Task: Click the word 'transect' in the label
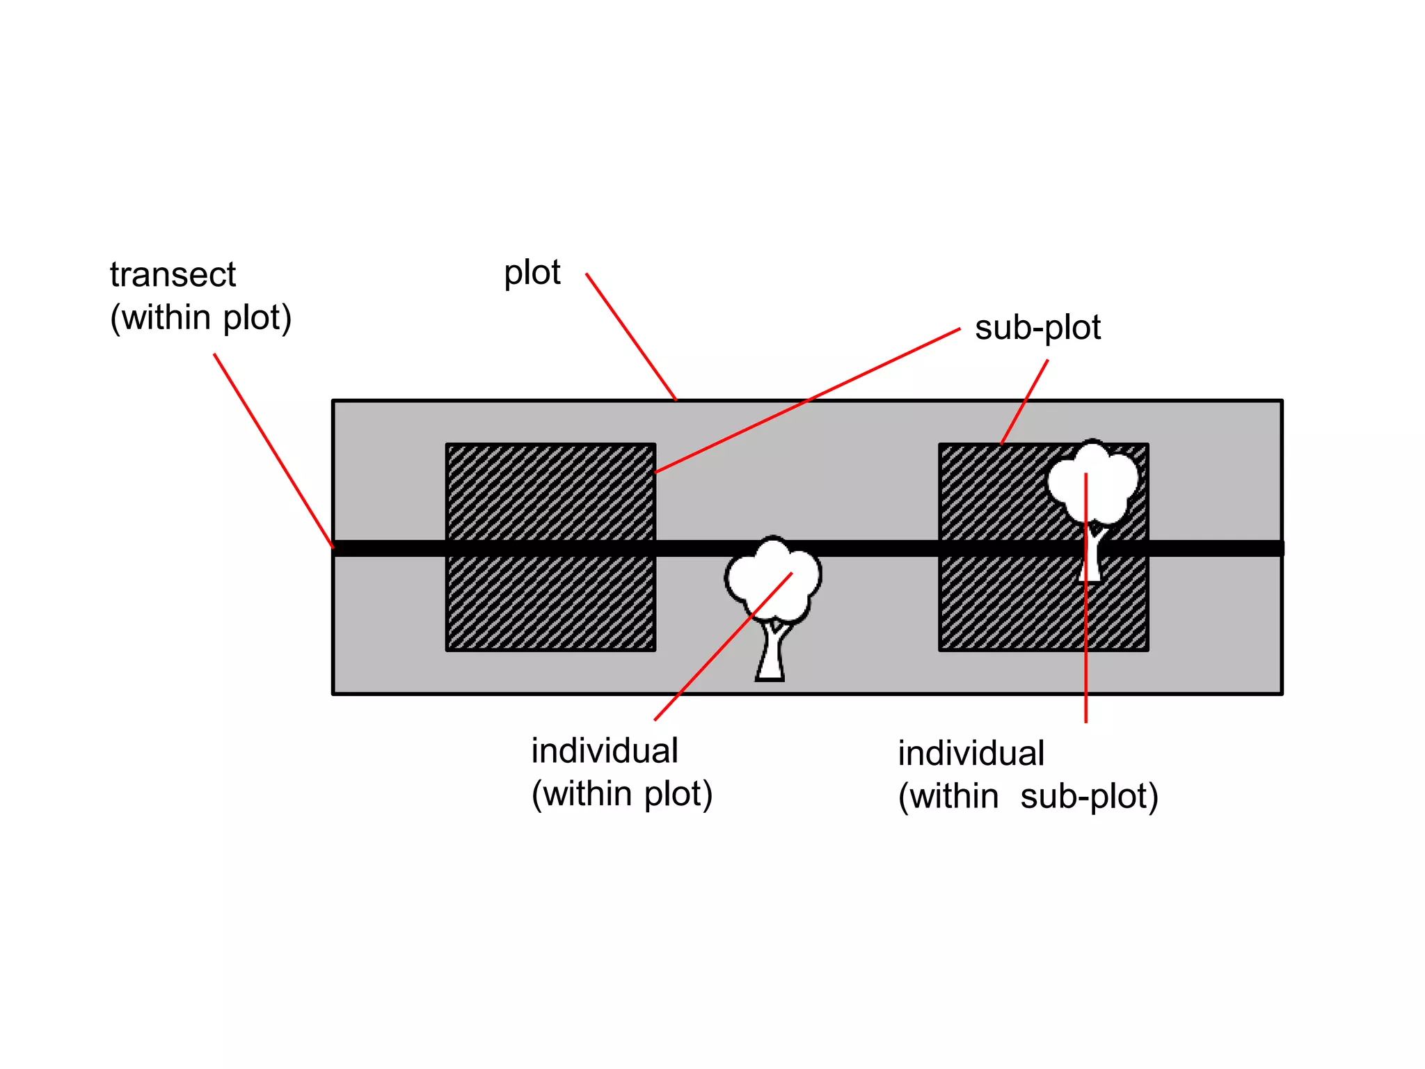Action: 173,275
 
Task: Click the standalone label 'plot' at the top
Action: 532,273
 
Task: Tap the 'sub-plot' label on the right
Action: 1037,328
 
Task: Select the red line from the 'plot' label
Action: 630,336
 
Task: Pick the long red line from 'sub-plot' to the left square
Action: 807,401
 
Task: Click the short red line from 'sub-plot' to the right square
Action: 1024,402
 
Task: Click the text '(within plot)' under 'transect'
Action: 200,318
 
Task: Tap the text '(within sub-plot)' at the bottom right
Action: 1028,797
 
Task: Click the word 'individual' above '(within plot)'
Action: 604,751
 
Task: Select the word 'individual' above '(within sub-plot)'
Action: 971,754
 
